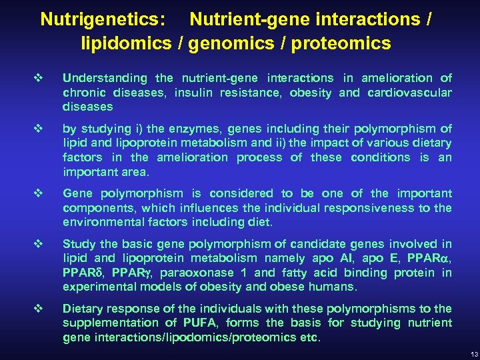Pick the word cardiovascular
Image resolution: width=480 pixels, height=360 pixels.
(x=409, y=93)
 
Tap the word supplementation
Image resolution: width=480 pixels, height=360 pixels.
(x=105, y=323)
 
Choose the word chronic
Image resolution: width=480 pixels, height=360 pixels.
(x=82, y=93)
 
